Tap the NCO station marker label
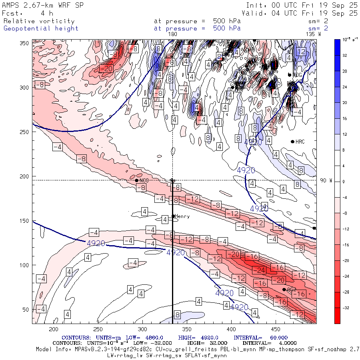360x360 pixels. coord(144,180)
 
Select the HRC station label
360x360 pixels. coord(300,142)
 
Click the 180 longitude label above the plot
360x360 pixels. coord(173,34)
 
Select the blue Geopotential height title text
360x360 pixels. coord(41,28)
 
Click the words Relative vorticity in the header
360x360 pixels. coord(39,21)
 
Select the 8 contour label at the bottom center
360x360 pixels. coord(177,314)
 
